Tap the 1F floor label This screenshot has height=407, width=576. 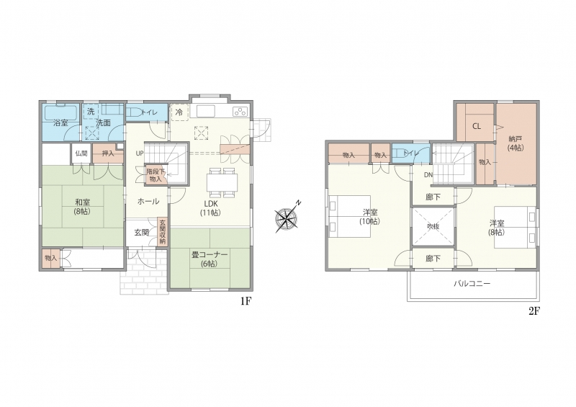(246, 302)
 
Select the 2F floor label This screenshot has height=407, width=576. (534, 311)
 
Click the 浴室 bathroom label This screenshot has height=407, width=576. (60, 122)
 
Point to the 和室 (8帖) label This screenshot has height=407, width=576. (83, 207)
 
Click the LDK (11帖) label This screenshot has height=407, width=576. (210, 207)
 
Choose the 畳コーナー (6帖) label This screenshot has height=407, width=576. (209, 259)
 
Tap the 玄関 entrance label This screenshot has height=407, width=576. (141, 233)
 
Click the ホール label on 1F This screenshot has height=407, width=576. (148, 201)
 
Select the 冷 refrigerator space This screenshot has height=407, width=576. (179, 112)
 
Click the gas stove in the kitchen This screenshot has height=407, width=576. (240, 111)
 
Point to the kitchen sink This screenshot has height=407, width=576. (206, 111)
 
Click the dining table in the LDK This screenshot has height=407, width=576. (222, 182)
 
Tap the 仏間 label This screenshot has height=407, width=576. (81, 153)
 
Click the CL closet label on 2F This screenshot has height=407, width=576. (477, 126)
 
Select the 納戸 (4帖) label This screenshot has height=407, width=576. (516, 143)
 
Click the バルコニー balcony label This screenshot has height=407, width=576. (472, 284)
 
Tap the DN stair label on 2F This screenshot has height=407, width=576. (428, 175)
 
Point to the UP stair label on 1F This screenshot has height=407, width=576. (140, 153)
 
